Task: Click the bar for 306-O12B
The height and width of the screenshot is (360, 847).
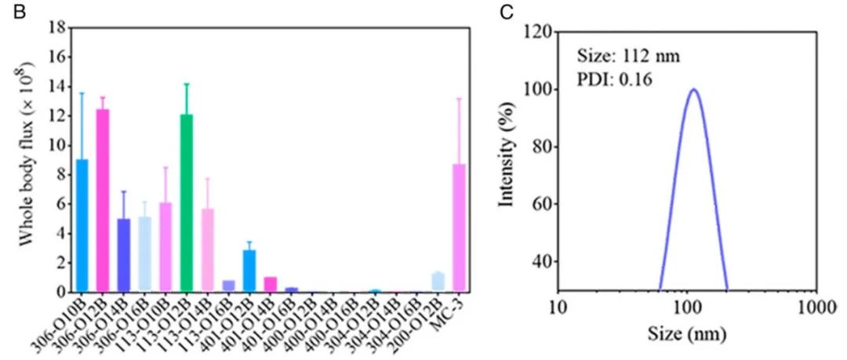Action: tap(103, 200)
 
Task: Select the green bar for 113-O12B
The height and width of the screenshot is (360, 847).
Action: tap(186, 203)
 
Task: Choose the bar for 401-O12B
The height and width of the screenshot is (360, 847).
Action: tap(249, 271)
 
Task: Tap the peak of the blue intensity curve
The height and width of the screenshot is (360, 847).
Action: tap(693, 89)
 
